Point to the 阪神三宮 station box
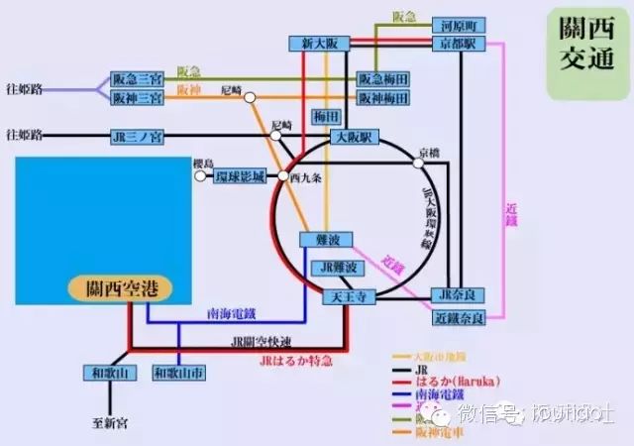(x=138, y=97)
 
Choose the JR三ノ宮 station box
(x=138, y=137)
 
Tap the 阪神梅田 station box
(x=384, y=98)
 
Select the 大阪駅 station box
(x=352, y=137)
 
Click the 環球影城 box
(x=243, y=176)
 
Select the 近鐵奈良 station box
(x=459, y=318)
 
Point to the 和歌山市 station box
(x=179, y=373)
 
